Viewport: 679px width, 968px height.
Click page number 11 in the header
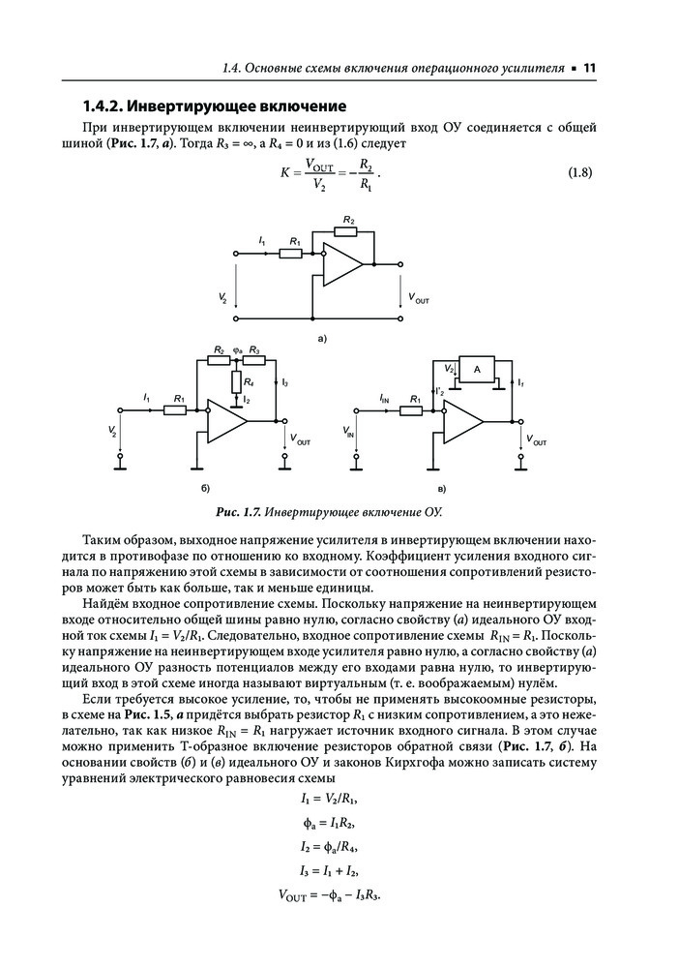(x=590, y=68)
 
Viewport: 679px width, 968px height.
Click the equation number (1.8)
(x=577, y=174)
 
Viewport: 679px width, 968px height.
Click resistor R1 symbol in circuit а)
(x=291, y=254)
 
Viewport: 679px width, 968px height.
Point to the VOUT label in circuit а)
(x=418, y=299)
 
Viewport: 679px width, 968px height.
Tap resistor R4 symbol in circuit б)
(x=235, y=382)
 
